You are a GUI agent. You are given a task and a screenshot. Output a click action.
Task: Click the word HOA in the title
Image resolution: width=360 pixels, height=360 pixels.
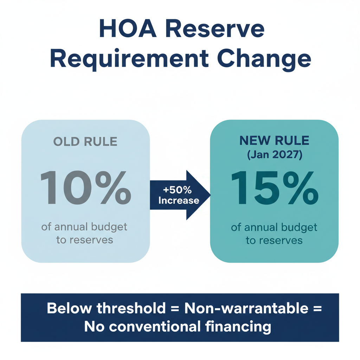click(x=124, y=30)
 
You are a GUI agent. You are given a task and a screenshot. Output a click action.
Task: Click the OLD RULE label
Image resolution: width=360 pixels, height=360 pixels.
click(x=85, y=141)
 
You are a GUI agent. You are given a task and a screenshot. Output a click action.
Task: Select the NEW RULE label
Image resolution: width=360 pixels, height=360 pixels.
click(x=274, y=141)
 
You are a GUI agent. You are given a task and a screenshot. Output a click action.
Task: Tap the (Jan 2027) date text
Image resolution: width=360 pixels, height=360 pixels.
click(x=274, y=155)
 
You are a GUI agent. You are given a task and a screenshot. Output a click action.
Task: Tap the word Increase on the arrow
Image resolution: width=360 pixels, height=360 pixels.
click(x=179, y=201)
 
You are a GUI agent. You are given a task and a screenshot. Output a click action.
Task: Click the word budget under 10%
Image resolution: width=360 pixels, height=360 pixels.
click(x=109, y=227)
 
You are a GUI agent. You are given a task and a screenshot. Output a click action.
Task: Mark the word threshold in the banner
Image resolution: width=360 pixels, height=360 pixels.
click(x=131, y=309)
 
